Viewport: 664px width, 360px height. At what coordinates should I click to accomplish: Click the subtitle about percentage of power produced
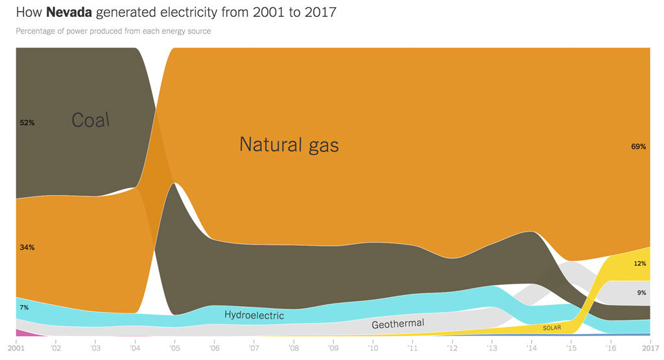113,31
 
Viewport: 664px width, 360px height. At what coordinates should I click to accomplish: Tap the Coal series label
91,120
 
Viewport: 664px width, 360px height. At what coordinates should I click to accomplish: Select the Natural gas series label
289,144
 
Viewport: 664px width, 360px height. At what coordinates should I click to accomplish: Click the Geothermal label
397,324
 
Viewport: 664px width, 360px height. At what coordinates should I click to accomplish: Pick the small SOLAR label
552,328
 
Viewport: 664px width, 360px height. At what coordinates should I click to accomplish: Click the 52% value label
27,123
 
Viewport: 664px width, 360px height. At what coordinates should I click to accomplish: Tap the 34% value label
27,247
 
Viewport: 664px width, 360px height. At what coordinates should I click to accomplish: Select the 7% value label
24,307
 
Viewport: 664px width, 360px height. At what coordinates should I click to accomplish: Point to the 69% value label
638,147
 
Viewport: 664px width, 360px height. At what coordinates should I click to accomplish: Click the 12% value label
639,263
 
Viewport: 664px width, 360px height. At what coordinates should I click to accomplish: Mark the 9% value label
641,293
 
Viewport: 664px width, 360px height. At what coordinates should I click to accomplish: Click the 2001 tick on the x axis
16,349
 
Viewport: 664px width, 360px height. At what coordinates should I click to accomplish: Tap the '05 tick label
174,349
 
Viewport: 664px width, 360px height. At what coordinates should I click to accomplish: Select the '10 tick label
372,349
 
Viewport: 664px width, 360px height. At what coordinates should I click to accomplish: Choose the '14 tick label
531,349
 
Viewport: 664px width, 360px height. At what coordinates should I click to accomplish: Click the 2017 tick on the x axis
650,349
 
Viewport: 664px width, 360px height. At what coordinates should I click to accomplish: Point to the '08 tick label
293,349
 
